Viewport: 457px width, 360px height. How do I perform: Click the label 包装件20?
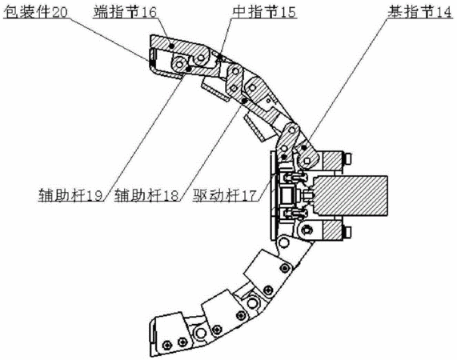coord(35,12)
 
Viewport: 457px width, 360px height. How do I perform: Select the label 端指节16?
coord(125,12)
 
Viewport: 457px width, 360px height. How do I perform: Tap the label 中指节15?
coord(264,12)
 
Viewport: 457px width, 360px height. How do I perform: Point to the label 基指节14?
coord(419,12)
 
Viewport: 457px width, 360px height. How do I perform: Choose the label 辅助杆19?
coord(70,194)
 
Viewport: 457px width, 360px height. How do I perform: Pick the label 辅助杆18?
coord(146,194)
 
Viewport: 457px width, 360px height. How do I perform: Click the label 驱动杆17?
coord(224,194)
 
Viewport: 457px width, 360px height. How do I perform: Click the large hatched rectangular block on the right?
coord(351,196)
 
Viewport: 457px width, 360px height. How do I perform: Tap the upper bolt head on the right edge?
coord(347,159)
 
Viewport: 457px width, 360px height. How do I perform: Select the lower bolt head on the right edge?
coord(347,232)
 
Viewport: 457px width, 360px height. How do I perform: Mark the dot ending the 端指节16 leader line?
coord(171,46)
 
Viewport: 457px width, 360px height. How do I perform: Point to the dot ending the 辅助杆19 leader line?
coord(189,69)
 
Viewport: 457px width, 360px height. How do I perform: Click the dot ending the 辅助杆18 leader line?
coord(244,101)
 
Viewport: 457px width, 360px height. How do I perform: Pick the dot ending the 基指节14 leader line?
coord(304,148)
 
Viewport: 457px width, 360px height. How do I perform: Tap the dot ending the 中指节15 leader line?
coord(220,56)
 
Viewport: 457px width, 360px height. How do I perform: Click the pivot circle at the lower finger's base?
coord(283,242)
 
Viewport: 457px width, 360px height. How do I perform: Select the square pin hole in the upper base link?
coord(307,161)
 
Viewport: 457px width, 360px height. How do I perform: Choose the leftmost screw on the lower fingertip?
coord(166,345)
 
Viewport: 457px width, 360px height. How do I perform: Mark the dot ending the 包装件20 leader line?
coord(152,60)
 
